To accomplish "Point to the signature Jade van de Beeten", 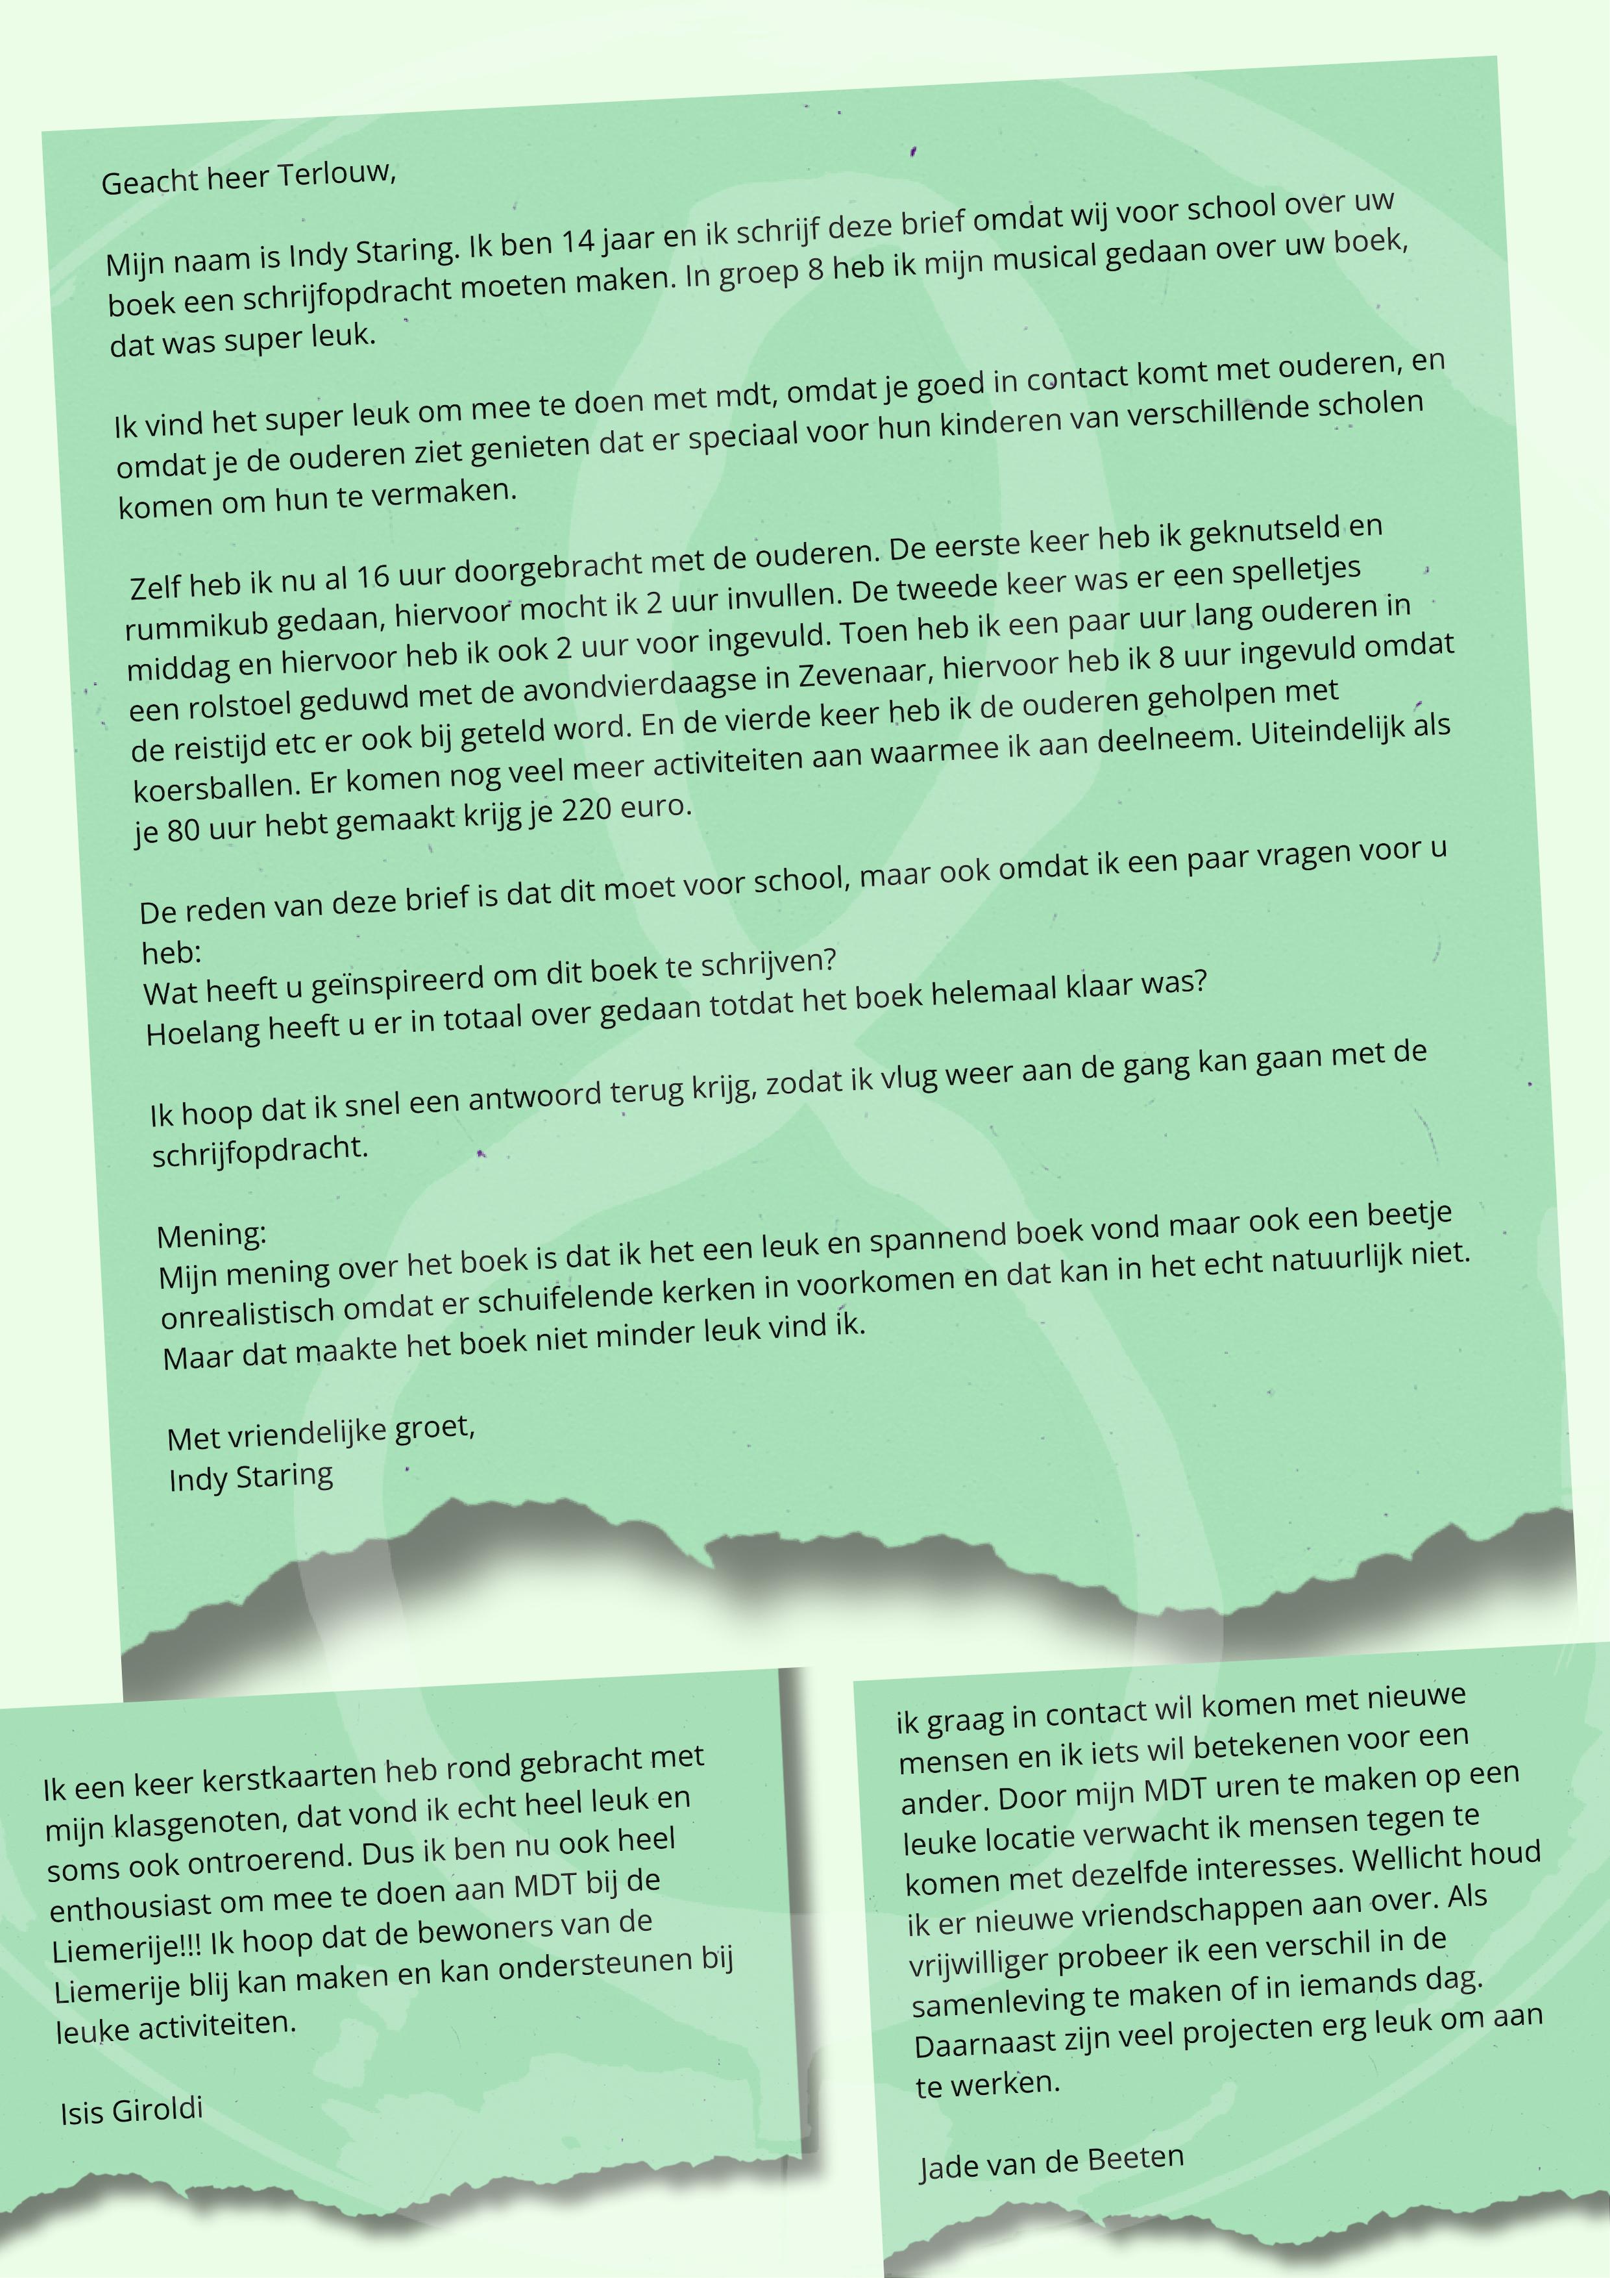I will coord(1051,2163).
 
